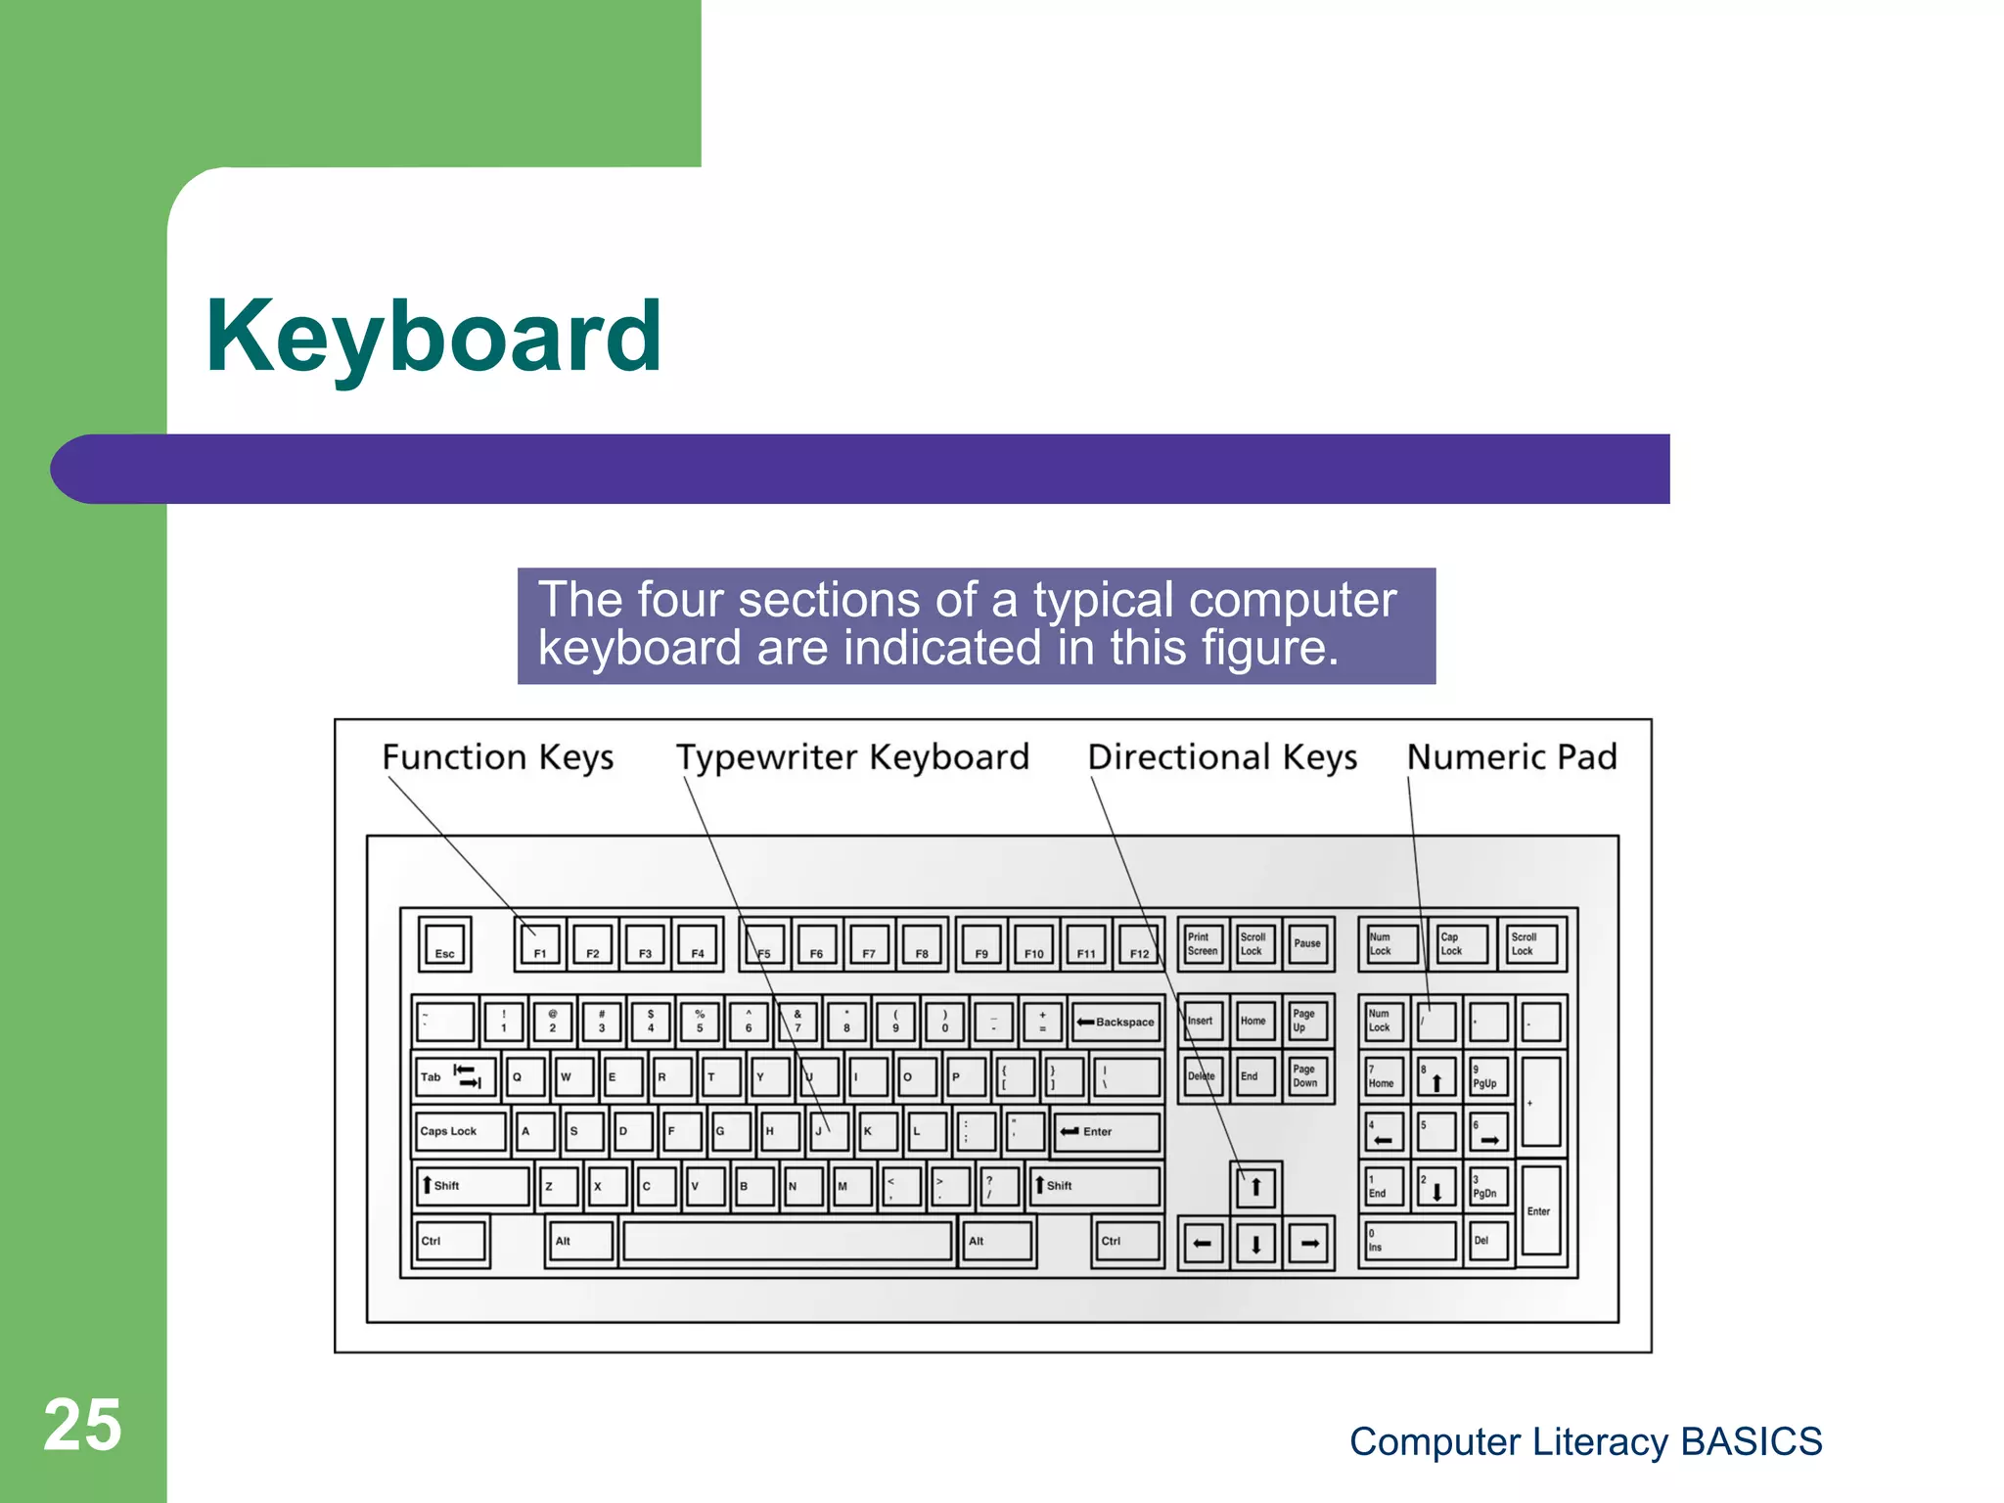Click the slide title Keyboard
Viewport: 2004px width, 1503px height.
pyautogui.click(x=433, y=337)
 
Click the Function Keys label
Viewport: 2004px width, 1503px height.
pyautogui.click(x=497, y=757)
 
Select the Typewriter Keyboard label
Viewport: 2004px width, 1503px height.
pyautogui.click(x=852, y=757)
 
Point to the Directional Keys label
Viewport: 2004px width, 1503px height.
pyautogui.click(x=1222, y=757)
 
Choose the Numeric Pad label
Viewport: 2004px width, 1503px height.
pyautogui.click(x=1512, y=757)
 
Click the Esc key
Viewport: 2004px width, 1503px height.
pyautogui.click(x=444, y=944)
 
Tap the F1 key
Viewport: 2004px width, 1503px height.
pyautogui.click(x=540, y=944)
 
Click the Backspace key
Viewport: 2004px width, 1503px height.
pyautogui.click(x=1116, y=1022)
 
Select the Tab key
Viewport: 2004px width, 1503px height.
pyautogui.click(x=453, y=1076)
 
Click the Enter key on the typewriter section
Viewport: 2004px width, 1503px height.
pyautogui.click(x=1107, y=1131)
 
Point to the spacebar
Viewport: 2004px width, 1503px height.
pyautogui.click(x=788, y=1241)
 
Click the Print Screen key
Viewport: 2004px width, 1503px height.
pyautogui.click(x=1203, y=944)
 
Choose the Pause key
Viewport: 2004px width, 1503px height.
pyautogui.click(x=1308, y=944)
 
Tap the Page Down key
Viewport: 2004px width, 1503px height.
pyautogui.click(x=1306, y=1076)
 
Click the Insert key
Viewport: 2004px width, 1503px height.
pyautogui.click(x=1201, y=1022)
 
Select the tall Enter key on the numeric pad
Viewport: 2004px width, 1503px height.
pyautogui.click(x=1541, y=1211)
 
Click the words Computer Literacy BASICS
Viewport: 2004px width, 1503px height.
pyautogui.click(x=1585, y=1441)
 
